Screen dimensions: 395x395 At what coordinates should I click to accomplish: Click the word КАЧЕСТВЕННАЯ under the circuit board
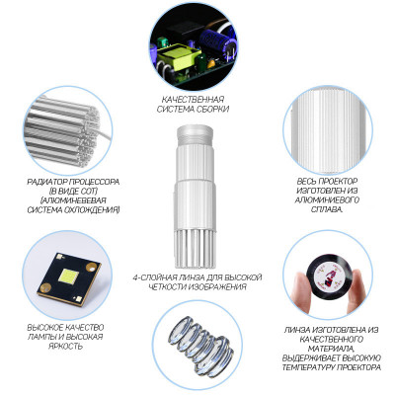click(193, 99)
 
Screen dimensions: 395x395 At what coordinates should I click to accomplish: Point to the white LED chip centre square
click(69, 276)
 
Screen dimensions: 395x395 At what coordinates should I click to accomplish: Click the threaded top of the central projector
click(195, 134)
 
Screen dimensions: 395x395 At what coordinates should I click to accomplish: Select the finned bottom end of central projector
click(195, 249)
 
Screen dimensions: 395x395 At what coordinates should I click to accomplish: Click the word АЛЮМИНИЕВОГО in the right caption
click(327, 199)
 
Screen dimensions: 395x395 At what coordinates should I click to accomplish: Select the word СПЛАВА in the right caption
click(327, 209)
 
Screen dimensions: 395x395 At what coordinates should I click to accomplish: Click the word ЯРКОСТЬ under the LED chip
click(65, 346)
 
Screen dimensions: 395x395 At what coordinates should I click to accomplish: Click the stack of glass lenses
click(200, 345)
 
